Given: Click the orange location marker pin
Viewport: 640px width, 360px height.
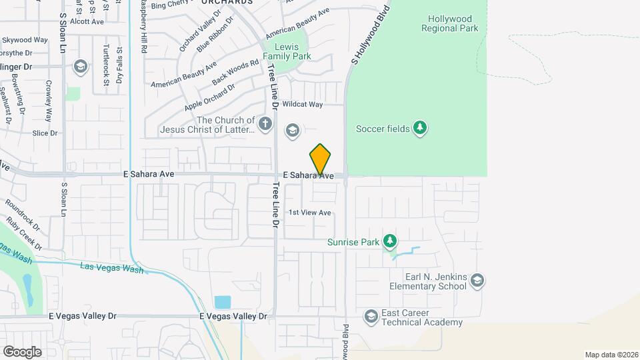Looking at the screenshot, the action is [321, 159].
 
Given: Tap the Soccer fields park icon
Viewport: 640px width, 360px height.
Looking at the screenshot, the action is [419, 127].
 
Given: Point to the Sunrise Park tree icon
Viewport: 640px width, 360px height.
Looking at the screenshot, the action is [390, 241].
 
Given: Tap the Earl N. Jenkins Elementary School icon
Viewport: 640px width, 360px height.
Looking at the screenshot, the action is [477, 281].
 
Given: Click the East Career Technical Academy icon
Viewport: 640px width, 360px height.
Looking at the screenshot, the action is [371, 315].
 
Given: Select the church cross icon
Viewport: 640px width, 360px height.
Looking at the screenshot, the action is [265, 124].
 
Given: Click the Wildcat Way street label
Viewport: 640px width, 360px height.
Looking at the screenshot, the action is [302, 105].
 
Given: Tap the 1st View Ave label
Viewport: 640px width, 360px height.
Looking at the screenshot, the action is [310, 213].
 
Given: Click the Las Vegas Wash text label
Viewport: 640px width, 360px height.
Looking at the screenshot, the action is [111, 268].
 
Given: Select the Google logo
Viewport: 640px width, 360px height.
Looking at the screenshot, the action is [22, 351].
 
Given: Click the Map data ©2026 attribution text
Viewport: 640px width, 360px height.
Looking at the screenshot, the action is [611, 355].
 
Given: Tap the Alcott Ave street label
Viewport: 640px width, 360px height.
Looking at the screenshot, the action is [88, 21].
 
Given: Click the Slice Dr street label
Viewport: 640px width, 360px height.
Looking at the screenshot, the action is [45, 133].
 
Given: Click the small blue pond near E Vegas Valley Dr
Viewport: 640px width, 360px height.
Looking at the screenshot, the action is [222, 303].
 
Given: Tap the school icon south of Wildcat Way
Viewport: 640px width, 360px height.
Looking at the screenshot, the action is [292, 130].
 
